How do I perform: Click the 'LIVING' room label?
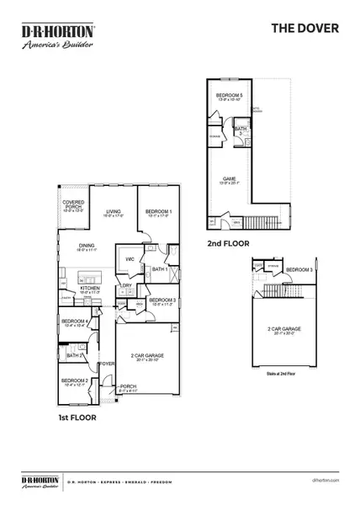114,211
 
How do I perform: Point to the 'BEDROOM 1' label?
157,211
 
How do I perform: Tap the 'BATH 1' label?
160,269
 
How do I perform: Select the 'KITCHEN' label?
90,288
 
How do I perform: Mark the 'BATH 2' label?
72,355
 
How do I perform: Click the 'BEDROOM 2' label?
73,381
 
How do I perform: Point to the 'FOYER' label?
107,364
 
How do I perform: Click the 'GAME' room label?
229,178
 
